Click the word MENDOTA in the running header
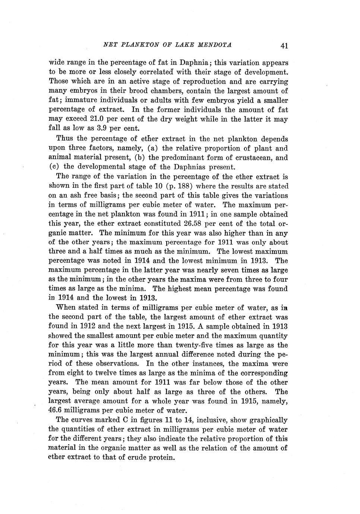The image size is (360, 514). pos(214,45)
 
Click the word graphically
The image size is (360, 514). pos(268,420)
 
